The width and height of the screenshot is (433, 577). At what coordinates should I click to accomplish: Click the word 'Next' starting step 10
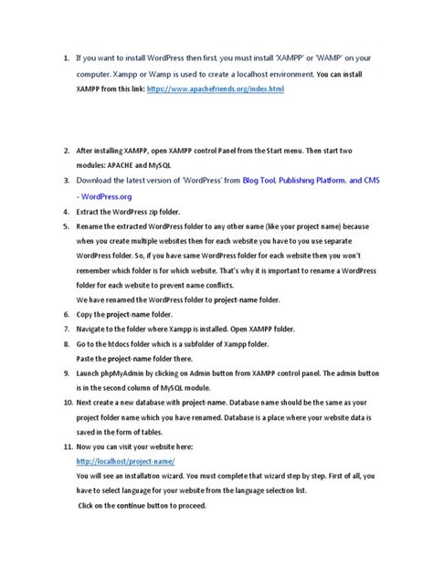(86, 402)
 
